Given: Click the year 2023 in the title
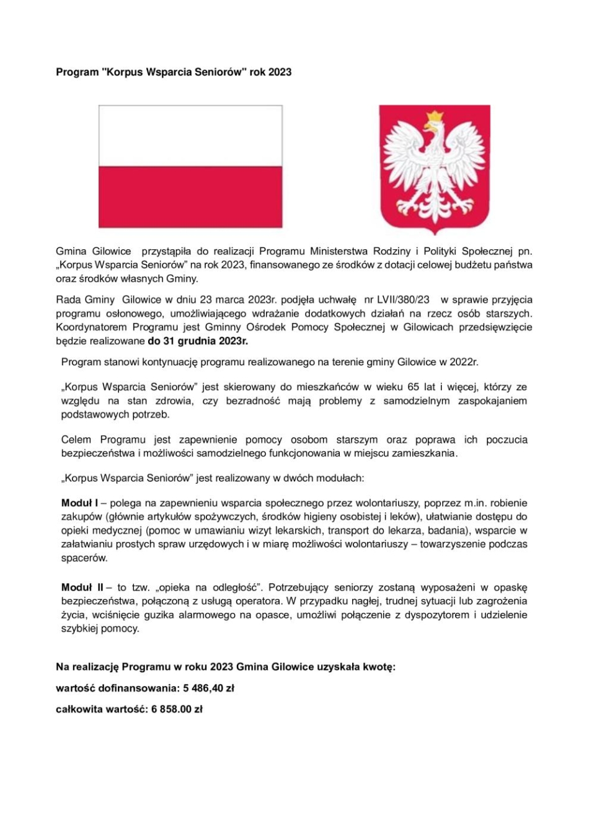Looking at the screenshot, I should coord(280,72).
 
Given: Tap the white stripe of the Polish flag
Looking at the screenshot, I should coord(190,135).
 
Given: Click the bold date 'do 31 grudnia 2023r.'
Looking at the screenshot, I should coord(198,341).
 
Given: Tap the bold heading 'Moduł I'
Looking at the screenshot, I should coord(79,503).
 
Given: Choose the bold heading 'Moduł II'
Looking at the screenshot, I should coord(82,587).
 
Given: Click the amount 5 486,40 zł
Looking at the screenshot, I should coord(208,688).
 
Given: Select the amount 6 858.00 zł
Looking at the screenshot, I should coord(177,709).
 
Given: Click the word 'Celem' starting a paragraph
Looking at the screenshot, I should coord(76,440).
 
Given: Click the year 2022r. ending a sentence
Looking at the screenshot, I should coord(464,362).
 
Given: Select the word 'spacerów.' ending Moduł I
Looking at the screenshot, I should coord(84,558).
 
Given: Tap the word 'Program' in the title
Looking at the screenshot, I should coord(77,72).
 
